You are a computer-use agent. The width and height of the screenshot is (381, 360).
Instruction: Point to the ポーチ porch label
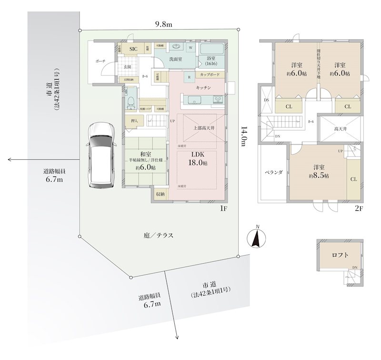(100, 62)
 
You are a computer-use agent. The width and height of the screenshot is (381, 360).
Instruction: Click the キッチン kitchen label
(203, 88)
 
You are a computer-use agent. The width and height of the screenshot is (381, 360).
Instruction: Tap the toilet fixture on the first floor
(130, 101)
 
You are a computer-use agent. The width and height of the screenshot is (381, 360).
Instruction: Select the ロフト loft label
(340, 255)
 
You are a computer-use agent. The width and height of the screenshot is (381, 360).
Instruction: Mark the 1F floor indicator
(223, 208)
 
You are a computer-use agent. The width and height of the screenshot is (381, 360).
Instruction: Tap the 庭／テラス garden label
(158, 236)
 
